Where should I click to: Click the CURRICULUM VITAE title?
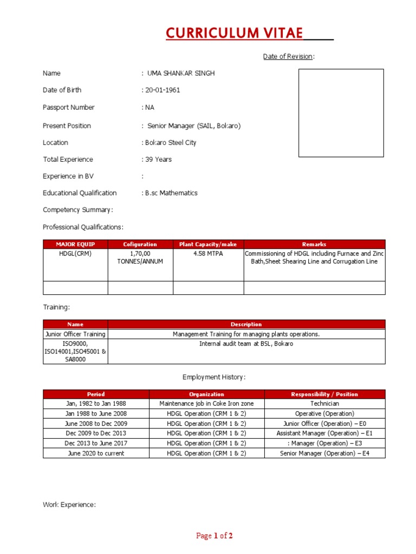pyautogui.click(x=235, y=33)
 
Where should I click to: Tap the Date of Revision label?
pyautogui.click(x=288, y=56)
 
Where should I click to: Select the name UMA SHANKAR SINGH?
pyautogui.click(x=180, y=73)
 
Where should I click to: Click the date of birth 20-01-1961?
pyautogui.click(x=161, y=90)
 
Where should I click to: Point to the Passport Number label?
pyautogui.click(x=69, y=107)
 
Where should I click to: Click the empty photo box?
pyautogui.click(x=341, y=113)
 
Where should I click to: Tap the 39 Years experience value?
pyautogui.click(x=158, y=159)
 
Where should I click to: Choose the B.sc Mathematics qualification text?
pyautogui.click(x=171, y=193)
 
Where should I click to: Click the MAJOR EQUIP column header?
pyautogui.click(x=75, y=244)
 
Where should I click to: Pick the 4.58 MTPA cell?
pyautogui.click(x=208, y=253)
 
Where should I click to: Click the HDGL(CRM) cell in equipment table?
pyautogui.click(x=75, y=253)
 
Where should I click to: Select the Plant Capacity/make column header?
pyautogui.click(x=208, y=244)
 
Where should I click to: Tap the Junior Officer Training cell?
pyautogui.click(x=75, y=334)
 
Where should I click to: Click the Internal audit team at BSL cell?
pyautogui.click(x=246, y=344)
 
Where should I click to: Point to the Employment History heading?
pyautogui.click(x=214, y=377)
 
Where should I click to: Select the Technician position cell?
pyautogui.click(x=324, y=404)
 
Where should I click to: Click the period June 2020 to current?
pyautogui.click(x=96, y=453)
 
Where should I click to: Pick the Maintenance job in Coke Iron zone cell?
pyautogui.click(x=206, y=404)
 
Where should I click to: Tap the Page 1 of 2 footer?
pyautogui.click(x=214, y=536)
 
